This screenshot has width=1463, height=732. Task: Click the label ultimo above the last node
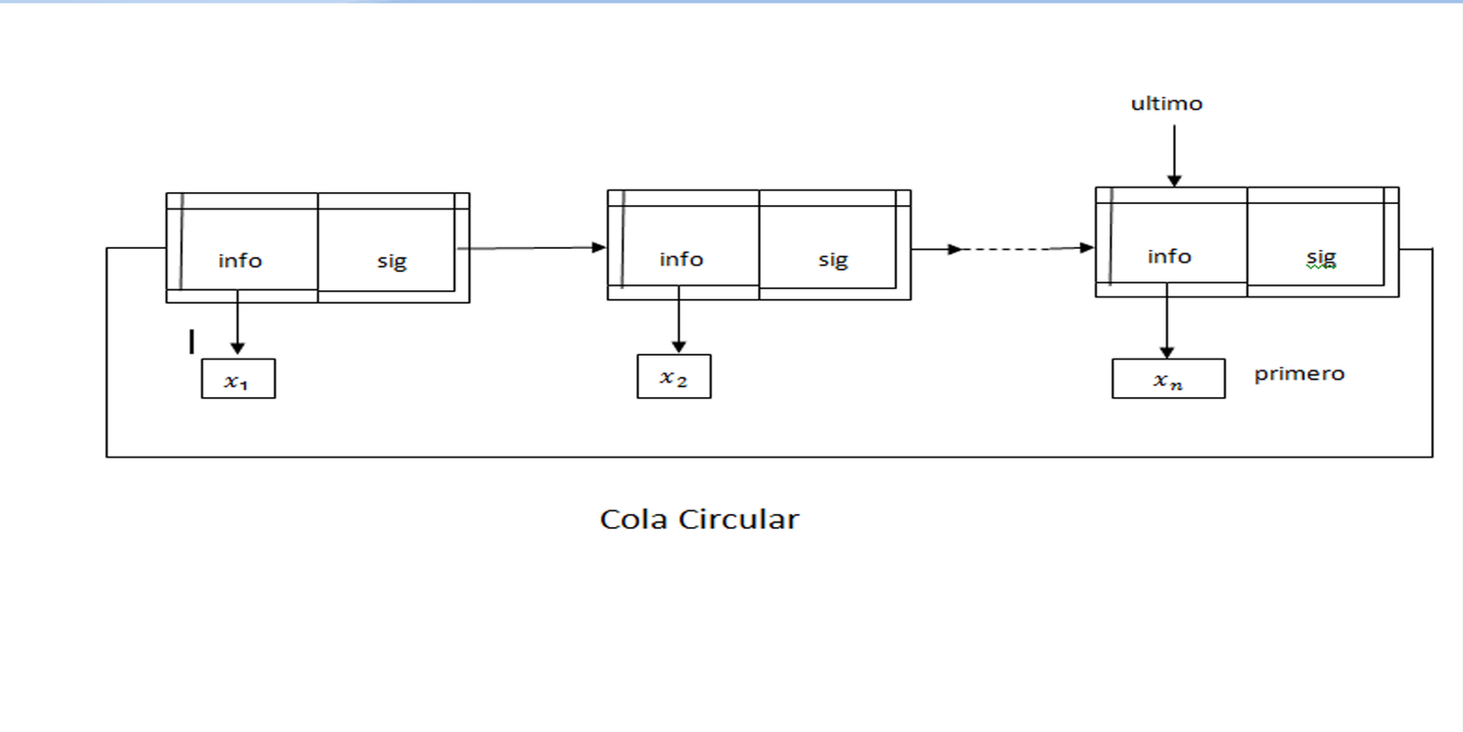click(x=1166, y=103)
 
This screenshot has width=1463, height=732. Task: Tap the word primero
click(x=1298, y=373)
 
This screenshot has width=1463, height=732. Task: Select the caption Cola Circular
click(x=699, y=519)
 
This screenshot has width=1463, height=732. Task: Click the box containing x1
click(x=238, y=379)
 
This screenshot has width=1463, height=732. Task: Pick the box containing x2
click(x=674, y=377)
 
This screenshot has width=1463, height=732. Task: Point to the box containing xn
click(x=1168, y=379)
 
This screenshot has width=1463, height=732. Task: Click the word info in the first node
click(x=240, y=261)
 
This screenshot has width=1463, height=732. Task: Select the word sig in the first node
click(x=391, y=262)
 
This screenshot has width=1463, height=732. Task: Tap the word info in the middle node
click(x=681, y=259)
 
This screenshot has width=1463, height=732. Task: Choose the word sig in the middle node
click(x=833, y=260)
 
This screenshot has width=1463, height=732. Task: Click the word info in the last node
click(x=1169, y=256)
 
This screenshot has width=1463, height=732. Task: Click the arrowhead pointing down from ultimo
click(x=1174, y=180)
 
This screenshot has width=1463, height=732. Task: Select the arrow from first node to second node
click(x=530, y=247)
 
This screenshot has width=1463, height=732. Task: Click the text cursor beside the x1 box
click(x=191, y=341)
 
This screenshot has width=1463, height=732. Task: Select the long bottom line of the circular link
click(x=768, y=457)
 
